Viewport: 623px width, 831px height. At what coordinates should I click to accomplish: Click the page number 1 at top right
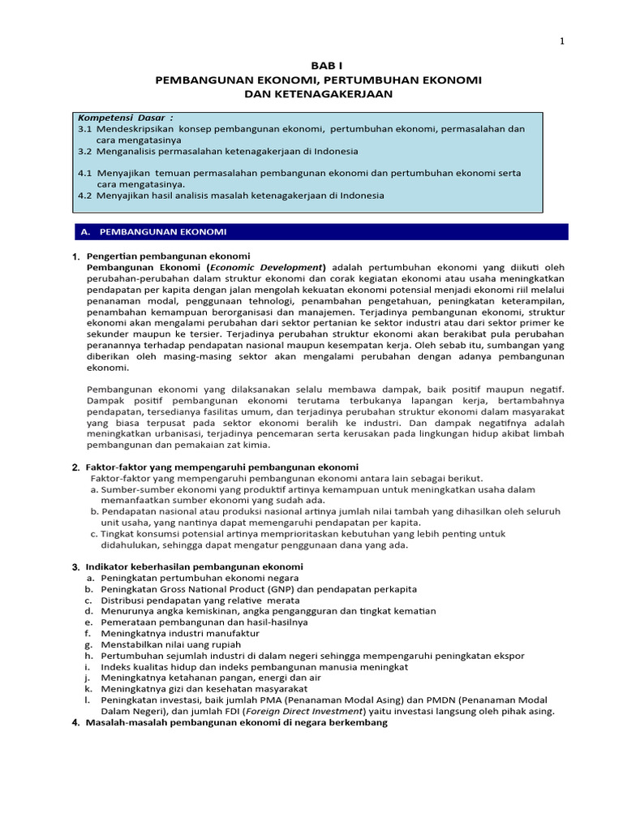[x=561, y=42]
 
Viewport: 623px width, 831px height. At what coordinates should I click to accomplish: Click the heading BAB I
[x=318, y=67]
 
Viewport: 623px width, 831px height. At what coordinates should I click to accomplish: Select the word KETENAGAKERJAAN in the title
[x=319, y=94]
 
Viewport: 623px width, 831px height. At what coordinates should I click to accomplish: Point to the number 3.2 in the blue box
[x=85, y=151]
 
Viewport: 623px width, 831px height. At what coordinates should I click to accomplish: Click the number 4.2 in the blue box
[x=85, y=195]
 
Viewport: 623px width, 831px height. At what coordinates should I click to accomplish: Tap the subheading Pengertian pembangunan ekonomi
[x=168, y=256]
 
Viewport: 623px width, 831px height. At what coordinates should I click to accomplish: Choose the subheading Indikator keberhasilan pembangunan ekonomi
[x=194, y=566]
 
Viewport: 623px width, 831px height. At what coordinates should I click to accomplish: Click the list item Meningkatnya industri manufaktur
[x=180, y=633]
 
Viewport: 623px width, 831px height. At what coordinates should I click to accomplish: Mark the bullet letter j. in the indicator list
[x=87, y=678]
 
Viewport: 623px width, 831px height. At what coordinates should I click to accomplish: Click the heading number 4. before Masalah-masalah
[x=75, y=723]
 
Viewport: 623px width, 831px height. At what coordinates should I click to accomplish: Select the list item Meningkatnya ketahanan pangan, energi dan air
[x=211, y=678]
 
